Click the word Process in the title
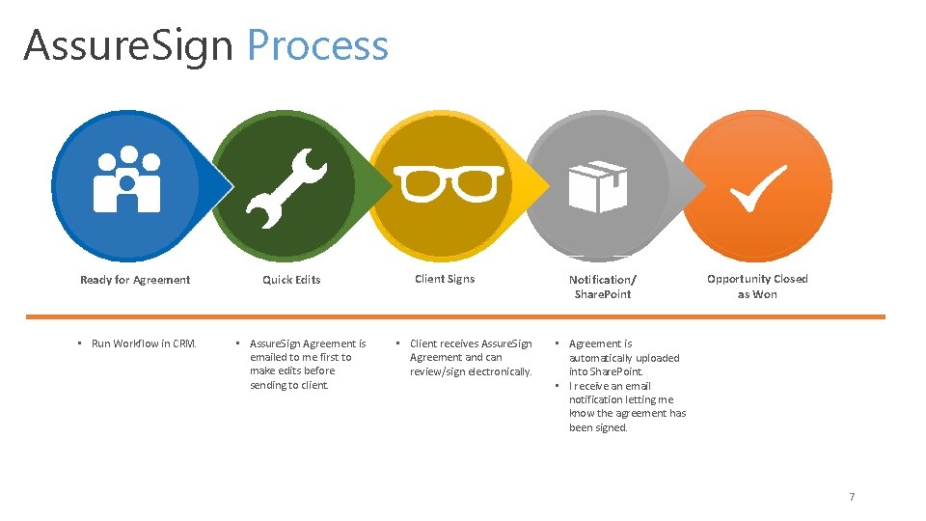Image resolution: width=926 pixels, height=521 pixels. (317, 45)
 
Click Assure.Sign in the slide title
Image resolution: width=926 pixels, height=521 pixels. (128, 45)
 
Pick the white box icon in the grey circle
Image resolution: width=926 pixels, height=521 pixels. (598, 185)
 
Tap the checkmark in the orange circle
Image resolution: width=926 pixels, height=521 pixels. (757, 187)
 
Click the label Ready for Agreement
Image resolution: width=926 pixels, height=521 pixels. (135, 280)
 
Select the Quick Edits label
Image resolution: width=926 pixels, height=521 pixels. (291, 280)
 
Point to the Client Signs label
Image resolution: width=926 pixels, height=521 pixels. (445, 279)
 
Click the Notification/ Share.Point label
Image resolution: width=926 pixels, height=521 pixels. (602, 287)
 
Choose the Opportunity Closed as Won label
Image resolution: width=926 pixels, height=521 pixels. (757, 287)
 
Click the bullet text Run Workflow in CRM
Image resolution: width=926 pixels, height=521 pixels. (144, 343)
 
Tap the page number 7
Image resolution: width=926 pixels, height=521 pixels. (852, 497)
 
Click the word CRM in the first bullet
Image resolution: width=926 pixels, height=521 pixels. (184, 343)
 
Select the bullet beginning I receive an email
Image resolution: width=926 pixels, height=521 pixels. (627, 406)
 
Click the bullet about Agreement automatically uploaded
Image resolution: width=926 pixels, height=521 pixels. (623, 357)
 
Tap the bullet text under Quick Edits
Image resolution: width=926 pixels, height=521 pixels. (307, 364)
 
